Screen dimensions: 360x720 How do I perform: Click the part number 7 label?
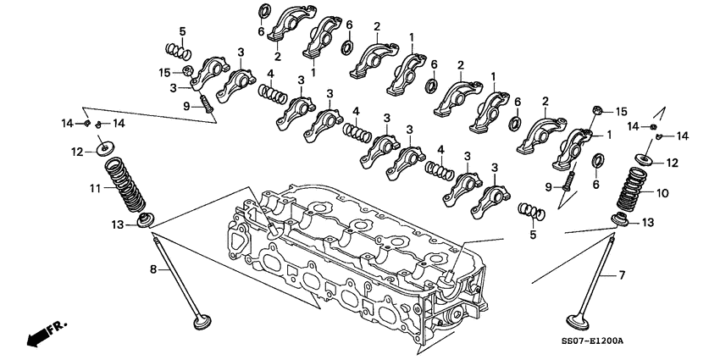(621, 275)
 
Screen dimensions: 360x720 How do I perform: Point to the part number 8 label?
(154, 270)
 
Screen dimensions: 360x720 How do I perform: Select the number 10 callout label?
(662, 193)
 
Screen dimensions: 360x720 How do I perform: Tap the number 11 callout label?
(95, 189)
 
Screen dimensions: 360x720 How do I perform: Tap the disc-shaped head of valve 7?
(579, 322)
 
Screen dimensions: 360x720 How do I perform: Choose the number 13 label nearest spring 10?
(648, 222)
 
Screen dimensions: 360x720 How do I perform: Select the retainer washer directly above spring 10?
(645, 159)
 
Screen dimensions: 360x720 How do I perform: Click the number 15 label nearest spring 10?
(621, 112)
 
